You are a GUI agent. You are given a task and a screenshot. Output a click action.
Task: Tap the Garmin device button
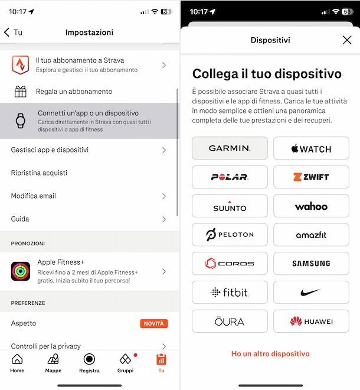pyautogui.click(x=230, y=148)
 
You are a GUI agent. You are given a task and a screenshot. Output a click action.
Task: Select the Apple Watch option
pyautogui.click(x=311, y=148)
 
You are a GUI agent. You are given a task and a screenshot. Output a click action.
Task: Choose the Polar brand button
pyautogui.click(x=230, y=177)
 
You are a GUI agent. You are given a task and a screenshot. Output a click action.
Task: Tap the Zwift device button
pyautogui.click(x=311, y=177)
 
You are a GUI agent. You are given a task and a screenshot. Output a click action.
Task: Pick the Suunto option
pyautogui.click(x=230, y=206)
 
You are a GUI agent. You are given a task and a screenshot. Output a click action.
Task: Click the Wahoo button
pyautogui.click(x=311, y=206)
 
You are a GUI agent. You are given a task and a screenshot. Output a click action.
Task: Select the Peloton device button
pyautogui.click(x=230, y=235)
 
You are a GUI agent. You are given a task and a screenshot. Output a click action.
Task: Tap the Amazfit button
pyautogui.click(x=311, y=235)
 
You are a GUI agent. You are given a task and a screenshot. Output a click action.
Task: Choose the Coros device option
pyautogui.click(x=230, y=264)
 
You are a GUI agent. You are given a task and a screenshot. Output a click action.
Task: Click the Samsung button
pyautogui.click(x=311, y=264)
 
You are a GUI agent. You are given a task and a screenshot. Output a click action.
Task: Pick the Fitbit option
pyautogui.click(x=230, y=292)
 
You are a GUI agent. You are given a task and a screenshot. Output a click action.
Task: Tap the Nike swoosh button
pyautogui.click(x=311, y=292)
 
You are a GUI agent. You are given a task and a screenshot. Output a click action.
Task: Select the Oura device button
pyautogui.click(x=230, y=321)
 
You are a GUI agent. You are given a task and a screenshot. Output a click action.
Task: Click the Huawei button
pyautogui.click(x=311, y=321)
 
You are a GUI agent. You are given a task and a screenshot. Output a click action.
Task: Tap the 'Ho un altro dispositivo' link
pyautogui.click(x=270, y=354)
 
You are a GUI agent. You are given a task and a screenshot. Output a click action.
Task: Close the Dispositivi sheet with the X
pyautogui.click(x=347, y=40)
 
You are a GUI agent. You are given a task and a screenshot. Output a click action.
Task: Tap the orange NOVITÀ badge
pyautogui.click(x=154, y=323)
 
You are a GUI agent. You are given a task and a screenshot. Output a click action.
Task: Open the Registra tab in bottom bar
pyautogui.click(x=89, y=363)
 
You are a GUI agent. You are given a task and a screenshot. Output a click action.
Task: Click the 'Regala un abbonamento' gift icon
pyautogui.click(x=21, y=92)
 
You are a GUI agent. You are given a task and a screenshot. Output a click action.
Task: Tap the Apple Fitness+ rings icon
pyautogui.click(x=21, y=272)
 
